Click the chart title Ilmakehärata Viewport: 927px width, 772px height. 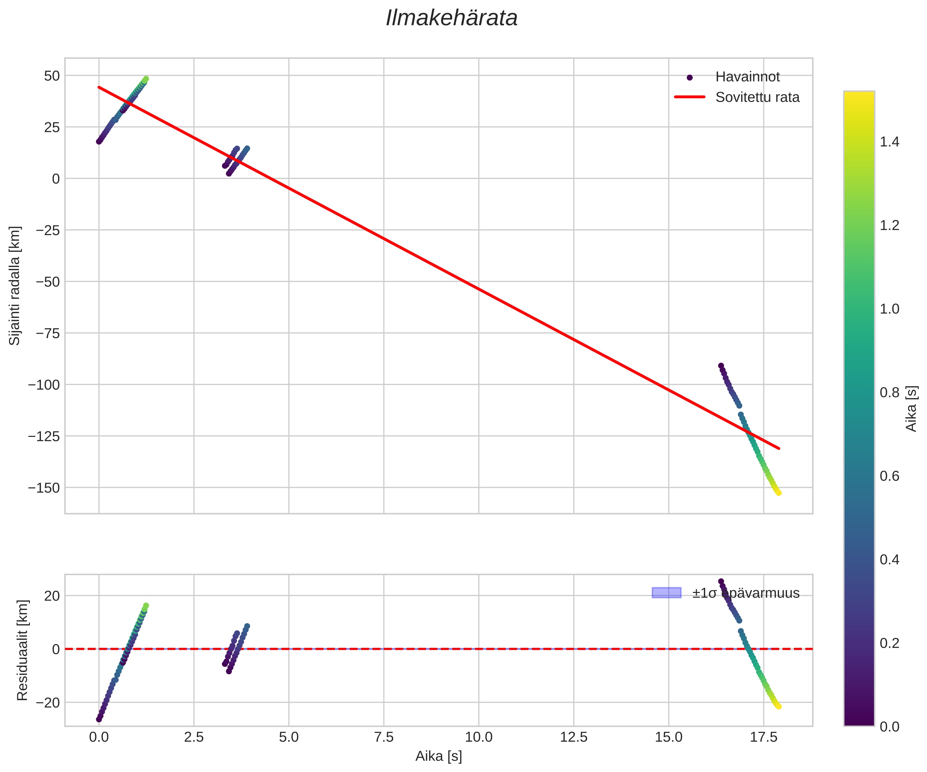pyautogui.click(x=451, y=19)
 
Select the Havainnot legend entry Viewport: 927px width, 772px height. pyautogui.click(x=747, y=77)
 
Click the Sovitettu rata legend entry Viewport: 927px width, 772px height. pyautogui.click(x=757, y=97)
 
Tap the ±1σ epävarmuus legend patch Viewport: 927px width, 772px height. pyautogui.click(x=666, y=593)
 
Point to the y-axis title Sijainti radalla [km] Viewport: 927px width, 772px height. pyautogui.click(x=15, y=286)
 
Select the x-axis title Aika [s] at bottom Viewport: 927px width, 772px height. pyautogui.click(x=438, y=757)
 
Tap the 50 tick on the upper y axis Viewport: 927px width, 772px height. pyautogui.click(x=52, y=76)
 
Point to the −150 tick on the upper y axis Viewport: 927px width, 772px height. pyautogui.click(x=44, y=488)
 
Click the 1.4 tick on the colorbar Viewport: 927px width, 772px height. pyautogui.click(x=890, y=142)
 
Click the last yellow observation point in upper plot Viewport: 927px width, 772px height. pyautogui.click(x=779, y=493)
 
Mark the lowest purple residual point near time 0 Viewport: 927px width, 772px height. pyautogui.click(x=99, y=719)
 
